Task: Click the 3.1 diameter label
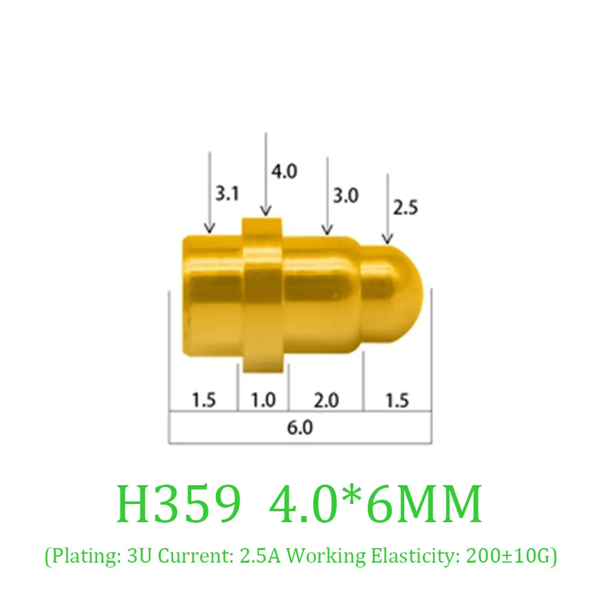(227, 194)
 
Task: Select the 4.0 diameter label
(284, 171)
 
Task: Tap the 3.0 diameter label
(345, 195)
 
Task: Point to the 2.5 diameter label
(405, 208)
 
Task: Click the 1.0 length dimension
(263, 400)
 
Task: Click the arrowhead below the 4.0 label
(266, 211)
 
